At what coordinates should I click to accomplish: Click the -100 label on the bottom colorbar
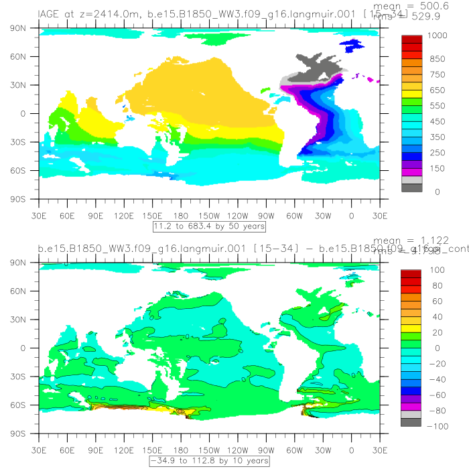point(434,426)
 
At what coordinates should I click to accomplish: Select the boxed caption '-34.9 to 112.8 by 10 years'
point(208,461)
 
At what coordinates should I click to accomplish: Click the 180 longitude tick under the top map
point(181,216)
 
